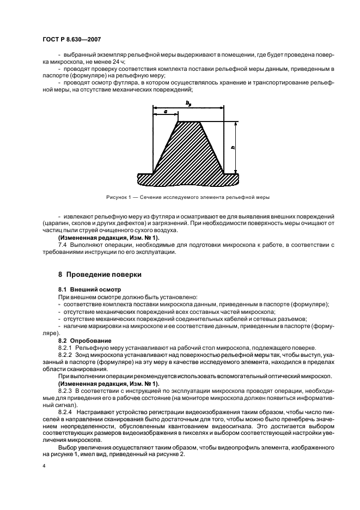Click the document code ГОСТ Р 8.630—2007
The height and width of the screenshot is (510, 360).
click(70, 39)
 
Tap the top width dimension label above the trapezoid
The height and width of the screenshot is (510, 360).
click(188, 102)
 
